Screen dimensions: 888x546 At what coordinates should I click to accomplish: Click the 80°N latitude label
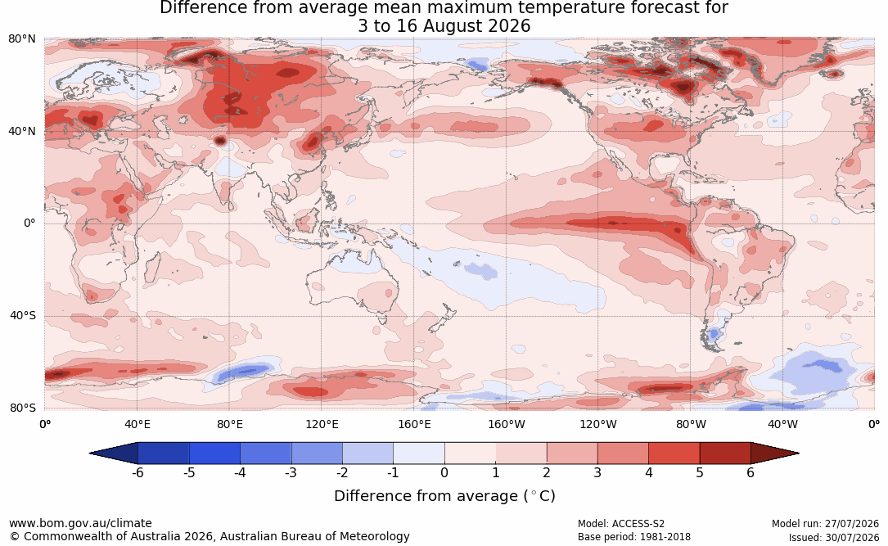coord(21,39)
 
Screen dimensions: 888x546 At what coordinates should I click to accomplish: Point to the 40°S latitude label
coord(23,315)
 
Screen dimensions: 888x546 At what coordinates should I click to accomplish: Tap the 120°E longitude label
coord(322,424)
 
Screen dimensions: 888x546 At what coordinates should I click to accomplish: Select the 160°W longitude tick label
coord(507,424)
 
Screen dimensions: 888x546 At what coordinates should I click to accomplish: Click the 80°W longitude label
coord(691,424)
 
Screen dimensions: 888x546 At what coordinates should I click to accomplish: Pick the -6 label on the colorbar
coord(137,472)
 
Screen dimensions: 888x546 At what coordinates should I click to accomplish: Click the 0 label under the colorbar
coord(444,472)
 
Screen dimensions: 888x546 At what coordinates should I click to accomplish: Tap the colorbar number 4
coord(648,472)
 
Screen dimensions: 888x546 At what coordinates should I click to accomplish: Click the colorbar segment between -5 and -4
coord(214,453)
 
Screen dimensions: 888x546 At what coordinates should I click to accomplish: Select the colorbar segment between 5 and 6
coord(725,453)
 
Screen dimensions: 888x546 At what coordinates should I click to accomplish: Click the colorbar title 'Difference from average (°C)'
coord(444,496)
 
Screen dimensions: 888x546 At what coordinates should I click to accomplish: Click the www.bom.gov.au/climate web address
coord(80,523)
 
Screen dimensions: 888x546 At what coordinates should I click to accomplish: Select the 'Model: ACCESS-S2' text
coord(620,524)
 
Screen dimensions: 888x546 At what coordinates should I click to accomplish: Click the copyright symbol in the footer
coord(15,536)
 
